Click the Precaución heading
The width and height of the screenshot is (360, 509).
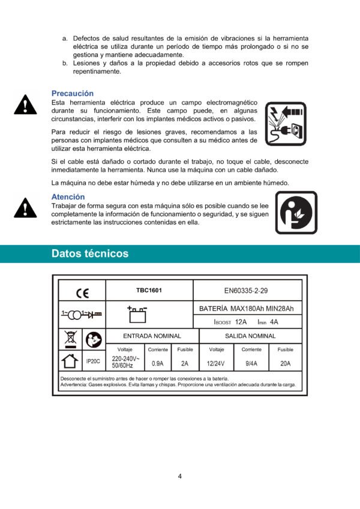(x=73, y=94)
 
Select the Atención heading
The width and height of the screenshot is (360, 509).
(x=68, y=197)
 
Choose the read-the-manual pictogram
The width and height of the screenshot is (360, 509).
(x=296, y=212)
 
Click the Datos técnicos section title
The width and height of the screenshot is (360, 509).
(x=90, y=253)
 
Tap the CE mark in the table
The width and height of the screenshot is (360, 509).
(x=82, y=294)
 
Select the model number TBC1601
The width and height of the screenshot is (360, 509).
(x=149, y=291)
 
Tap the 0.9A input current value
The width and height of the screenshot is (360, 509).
(x=158, y=363)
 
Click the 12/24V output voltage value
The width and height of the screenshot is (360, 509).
(x=216, y=363)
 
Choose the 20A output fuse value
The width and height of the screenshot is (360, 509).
(x=285, y=363)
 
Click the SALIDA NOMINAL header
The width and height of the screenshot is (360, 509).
(x=250, y=336)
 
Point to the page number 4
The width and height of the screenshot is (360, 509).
(x=180, y=477)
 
